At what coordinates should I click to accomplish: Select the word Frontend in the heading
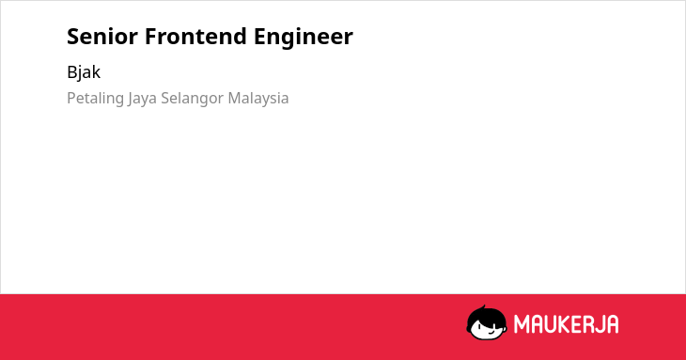tap(195, 37)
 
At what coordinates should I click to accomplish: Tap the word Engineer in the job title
tap(304, 37)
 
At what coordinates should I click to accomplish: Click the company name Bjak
tap(84, 72)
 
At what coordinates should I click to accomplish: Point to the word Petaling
tap(95, 99)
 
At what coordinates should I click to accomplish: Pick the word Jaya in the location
tap(142, 99)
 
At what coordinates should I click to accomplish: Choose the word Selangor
tap(193, 99)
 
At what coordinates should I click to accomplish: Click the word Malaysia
tap(258, 99)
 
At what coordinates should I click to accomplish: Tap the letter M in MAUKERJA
tap(522, 324)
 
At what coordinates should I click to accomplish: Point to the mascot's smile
tap(491, 333)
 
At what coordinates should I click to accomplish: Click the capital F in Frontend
tap(151, 37)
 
